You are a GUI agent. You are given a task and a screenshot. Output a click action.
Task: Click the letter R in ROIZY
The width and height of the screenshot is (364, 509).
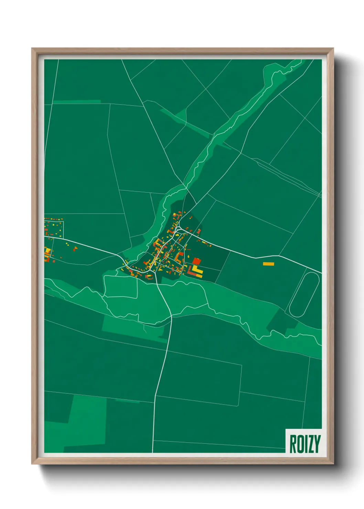(x=293, y=444)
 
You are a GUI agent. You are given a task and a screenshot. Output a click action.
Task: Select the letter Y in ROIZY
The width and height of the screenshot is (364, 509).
(x=317, y=444)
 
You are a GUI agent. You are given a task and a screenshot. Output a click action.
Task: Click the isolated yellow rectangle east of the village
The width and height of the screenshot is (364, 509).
(x=268, y=264)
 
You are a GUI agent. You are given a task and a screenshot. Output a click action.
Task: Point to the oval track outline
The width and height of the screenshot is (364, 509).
(x=304, y=294)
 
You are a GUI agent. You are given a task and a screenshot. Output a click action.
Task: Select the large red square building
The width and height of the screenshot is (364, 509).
(x=196, y=261)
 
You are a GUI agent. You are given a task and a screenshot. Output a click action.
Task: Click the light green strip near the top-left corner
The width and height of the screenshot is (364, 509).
(x=76, y=101)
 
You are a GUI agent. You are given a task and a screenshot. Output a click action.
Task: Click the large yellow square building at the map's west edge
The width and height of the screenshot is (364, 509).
(x=47, y=251)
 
